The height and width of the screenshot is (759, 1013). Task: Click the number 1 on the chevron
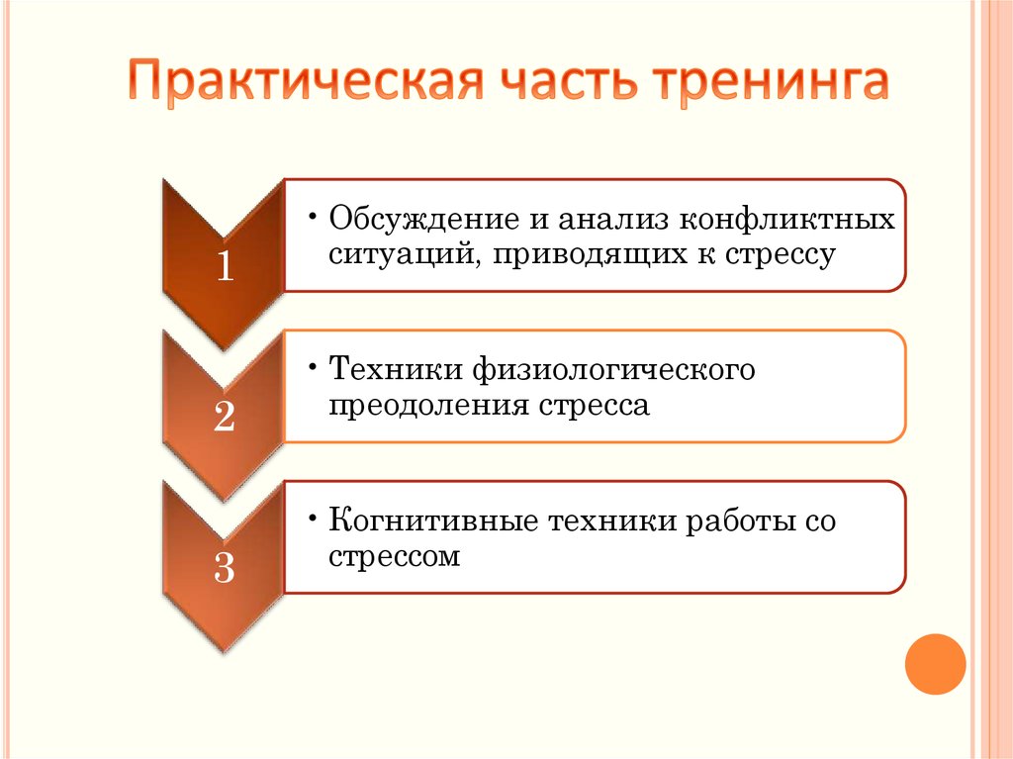[x=225, y=266]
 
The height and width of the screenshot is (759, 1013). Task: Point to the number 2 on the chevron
[x=225, y=416]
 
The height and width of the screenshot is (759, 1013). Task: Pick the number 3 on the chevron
[x=225, y=567]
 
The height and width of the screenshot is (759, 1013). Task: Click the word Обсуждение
[x=423, y=219]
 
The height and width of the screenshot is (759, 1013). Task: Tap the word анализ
[x=613, y=220]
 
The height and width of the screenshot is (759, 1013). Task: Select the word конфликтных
[x=787, y=219]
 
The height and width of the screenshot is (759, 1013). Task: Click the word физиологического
[x=613, y=370]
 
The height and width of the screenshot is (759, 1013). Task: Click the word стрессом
[x=394, y=557]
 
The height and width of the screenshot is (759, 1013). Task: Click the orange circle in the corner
[x=935, y=664]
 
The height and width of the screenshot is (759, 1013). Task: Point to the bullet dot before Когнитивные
[x=313, y=519]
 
